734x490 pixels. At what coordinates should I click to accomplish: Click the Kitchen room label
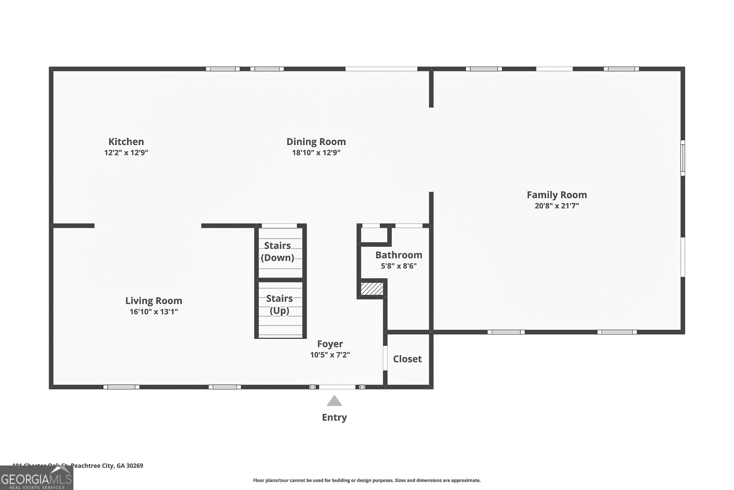pos(126,142)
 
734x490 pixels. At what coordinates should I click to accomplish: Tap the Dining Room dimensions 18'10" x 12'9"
pos(316,153)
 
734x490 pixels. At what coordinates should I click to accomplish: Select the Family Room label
pos(556,195)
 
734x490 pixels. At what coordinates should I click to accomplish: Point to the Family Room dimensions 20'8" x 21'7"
pos(556,206)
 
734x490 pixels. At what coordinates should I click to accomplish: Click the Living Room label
pos(154,301)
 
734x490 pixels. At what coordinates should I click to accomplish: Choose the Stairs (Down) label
pos(278,252)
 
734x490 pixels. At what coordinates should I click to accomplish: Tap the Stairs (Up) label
pos(279,304)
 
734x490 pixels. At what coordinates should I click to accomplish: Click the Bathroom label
pos(399,255)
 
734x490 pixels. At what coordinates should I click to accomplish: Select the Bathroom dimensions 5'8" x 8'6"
pos(399,266)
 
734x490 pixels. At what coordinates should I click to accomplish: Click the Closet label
pos(407,359)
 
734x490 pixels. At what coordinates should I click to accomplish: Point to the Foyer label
pos(330,344)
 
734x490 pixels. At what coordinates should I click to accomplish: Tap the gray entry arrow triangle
pos(334,402)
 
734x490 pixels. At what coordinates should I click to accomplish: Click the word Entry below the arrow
pos(334,417)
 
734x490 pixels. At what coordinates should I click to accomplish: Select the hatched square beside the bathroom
pos(372,289)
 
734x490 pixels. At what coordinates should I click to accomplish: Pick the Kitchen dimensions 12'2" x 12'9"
pos(126,153)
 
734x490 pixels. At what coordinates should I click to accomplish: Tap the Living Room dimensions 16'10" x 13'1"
pos(154,312)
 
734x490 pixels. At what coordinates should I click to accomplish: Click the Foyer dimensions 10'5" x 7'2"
pos(330,355)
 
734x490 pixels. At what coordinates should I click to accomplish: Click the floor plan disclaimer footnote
pos(367,480)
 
